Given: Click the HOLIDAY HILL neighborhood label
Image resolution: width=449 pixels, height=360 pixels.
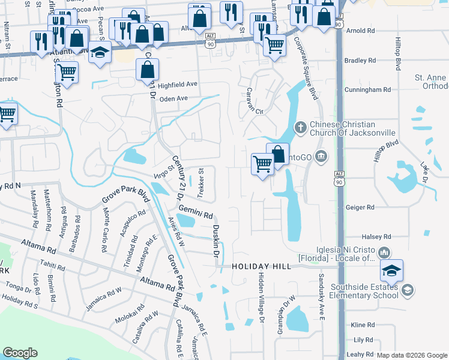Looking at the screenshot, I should pos(257,266).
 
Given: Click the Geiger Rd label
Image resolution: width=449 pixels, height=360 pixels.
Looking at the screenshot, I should pos(360,207).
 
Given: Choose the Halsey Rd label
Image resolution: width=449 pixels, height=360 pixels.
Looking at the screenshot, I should pos(360,236).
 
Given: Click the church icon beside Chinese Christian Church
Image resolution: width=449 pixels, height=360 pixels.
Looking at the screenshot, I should pos(301,127).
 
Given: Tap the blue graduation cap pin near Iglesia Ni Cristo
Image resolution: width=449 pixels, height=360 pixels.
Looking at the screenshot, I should pos(391,271).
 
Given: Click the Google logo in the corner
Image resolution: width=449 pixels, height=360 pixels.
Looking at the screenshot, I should pos(20,353).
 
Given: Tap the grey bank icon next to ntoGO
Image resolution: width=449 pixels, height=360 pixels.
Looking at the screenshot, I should pos(322,157).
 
